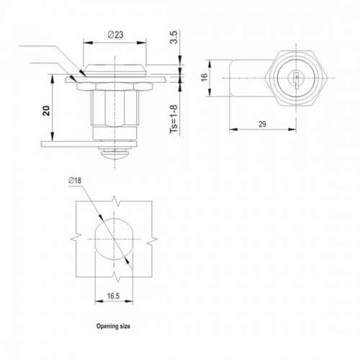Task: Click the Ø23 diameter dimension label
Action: tap(115, 35)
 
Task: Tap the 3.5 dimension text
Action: tap(174, 37)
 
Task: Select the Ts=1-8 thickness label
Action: tap(174, 119)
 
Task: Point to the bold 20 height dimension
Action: tap(46, 111)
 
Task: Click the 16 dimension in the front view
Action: tap(204, 77)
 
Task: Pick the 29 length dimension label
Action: tap(262, 124)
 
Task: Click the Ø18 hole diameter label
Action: tap(75, 180)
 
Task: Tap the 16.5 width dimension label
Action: tap(113, 296)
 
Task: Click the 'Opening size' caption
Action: tap(113, 326)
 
